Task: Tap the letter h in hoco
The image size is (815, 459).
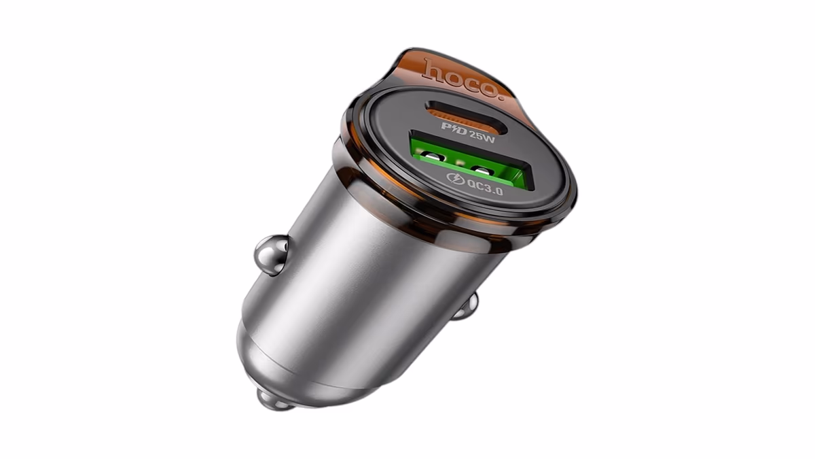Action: pyautogui.click(x=433, y=69)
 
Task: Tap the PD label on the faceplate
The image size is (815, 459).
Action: pyautogui.click(x=454, y=129)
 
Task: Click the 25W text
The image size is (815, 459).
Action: pyautogui.click(x=482, y=136)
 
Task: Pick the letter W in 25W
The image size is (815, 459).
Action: pyautogui.click(x=489, y=138)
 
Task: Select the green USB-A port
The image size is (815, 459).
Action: pyautogui.click(x=469, y=160)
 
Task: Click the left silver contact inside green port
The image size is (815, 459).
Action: pyautogui.click(x=433, y=158)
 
